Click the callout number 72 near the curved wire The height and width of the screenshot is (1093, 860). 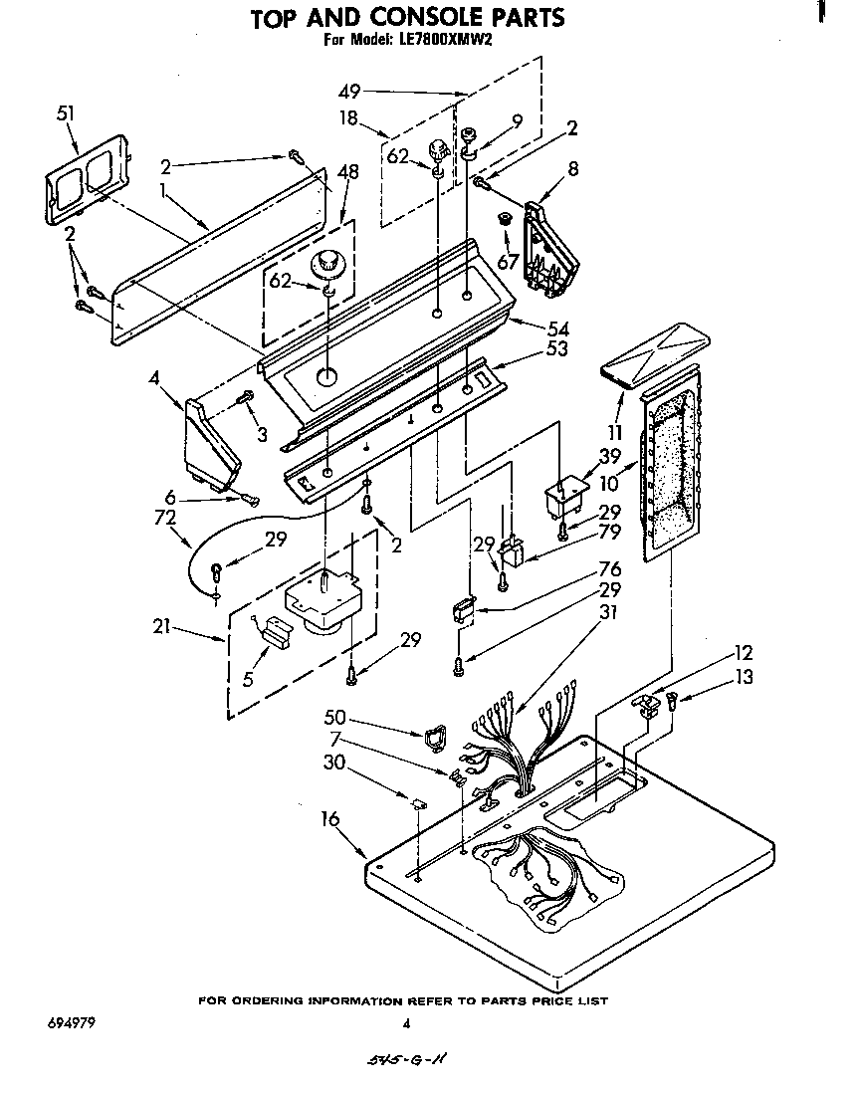coord(165,518)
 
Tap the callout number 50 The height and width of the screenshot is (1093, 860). coord(336,717)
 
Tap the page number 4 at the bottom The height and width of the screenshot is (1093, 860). coord(406,1022)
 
